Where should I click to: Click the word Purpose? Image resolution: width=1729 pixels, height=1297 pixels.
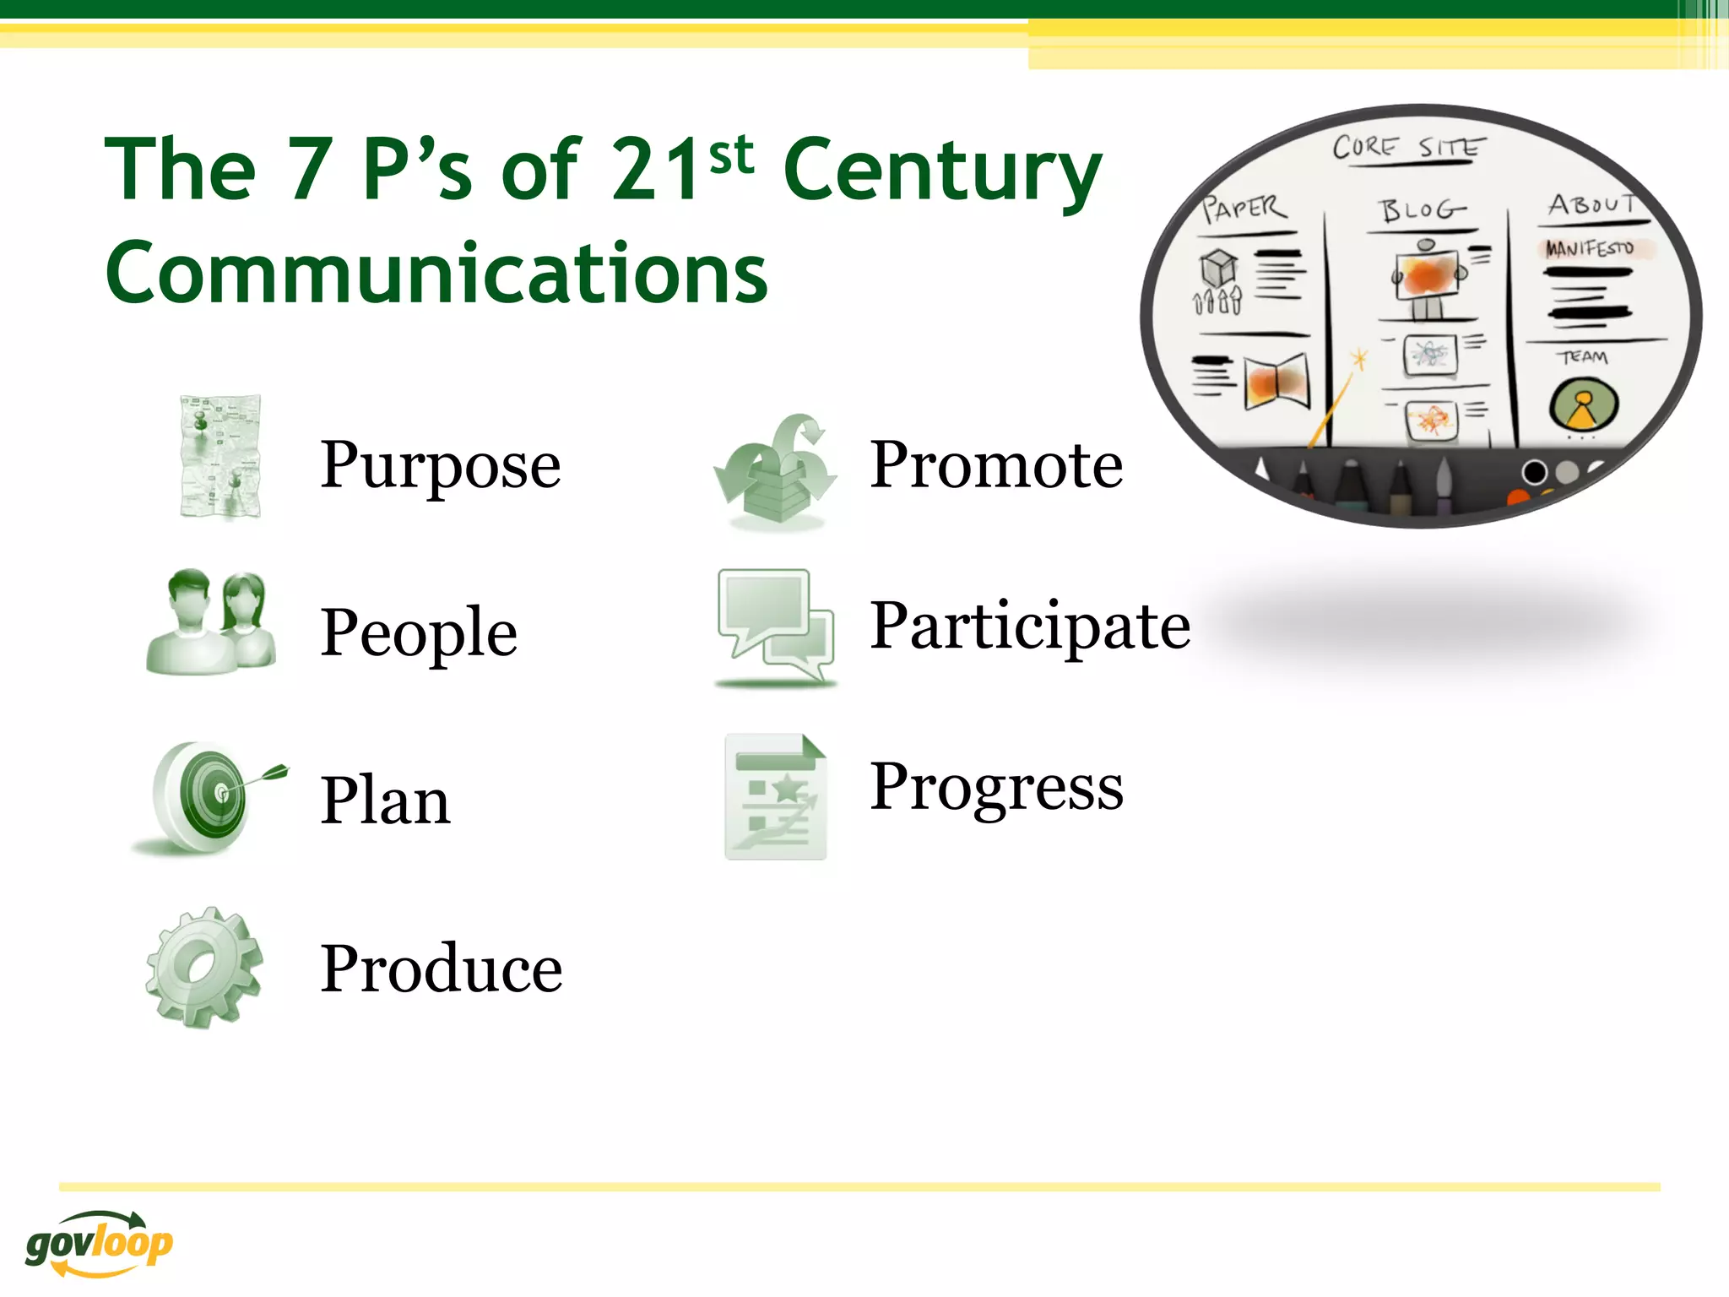pos(440,466)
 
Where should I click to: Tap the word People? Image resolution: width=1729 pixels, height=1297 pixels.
pos(419,632)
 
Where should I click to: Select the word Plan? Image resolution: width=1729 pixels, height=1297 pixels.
pos(385,800)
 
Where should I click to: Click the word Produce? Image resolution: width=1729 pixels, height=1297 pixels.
pos(441,969)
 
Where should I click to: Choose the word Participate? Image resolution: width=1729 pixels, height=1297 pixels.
pos(1030,627)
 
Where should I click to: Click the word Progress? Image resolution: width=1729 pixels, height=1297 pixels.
pos(996,787)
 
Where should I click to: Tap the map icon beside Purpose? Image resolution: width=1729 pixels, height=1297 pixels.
pos(220,457)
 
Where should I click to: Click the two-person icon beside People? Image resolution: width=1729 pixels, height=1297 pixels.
pos(211,623)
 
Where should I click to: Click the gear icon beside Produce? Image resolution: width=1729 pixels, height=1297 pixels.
pos(205,968)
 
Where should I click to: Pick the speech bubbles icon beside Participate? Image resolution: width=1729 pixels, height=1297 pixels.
pos(775,626)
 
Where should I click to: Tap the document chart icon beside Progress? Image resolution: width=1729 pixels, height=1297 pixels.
pos(775,796)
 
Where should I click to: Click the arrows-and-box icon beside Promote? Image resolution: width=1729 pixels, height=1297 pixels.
pos(775,471)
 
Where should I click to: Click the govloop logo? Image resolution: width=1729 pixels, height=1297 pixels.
pos(99,1243)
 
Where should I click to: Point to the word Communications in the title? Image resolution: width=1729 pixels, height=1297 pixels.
pos(436,273)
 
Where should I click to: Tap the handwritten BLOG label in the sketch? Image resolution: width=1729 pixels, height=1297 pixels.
pos(1423,209)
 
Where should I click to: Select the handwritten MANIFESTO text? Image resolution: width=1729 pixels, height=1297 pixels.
pos(1590,248)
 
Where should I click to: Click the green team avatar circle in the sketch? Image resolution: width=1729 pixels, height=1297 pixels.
pos(1584,404)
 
